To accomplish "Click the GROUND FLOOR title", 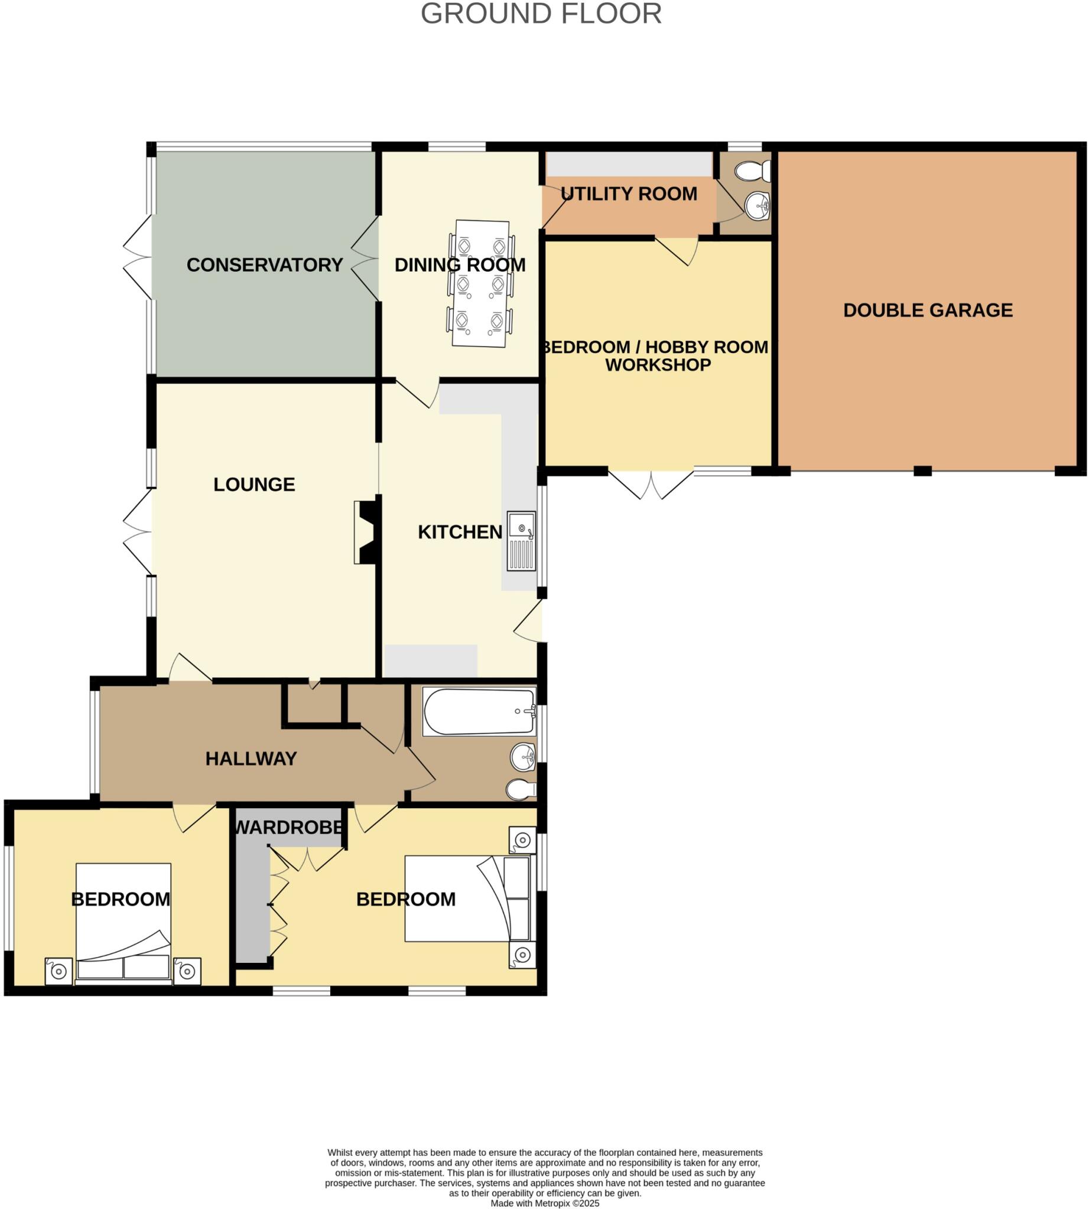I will [x=541, y=14].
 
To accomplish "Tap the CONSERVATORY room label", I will [x=265, y=265].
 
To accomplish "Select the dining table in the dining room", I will [x=481, y=283].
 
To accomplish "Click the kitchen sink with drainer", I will [x=521, y=541].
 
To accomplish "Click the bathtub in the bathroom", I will [x=479, y=711].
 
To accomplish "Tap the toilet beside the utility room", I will [x=753, y=172].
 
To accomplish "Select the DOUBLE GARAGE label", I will [x=928, y=311].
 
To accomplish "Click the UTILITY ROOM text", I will [x=629, y=194].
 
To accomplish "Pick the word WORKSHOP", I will [x=658, y=365].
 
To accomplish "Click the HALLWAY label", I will [x=251, y=759].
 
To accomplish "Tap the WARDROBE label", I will [x=289, y=828].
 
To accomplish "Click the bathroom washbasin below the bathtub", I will [x=523, y=758].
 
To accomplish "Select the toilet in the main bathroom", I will [x=521, y=790].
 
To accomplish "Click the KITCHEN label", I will [x=460, y=532].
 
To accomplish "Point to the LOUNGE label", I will [x=254, y=484].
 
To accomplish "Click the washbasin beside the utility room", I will [x=758, y=206].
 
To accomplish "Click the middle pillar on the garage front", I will [x=922, y=471].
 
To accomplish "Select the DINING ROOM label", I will [x=460, y=265].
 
